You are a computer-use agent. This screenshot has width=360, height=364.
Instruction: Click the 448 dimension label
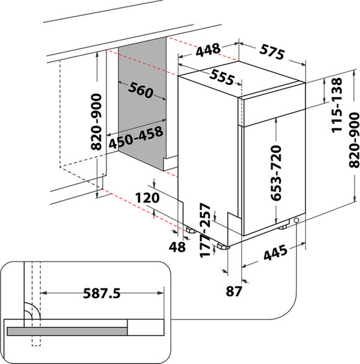[x=208, y=50]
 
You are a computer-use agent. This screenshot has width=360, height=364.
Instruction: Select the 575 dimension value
[x=272, y=52]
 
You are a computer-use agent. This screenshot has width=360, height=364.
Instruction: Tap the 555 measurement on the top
[x=222, y=77]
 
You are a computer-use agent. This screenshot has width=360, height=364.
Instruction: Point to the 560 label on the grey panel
[x=141, y=90]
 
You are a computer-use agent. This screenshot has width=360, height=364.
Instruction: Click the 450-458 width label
[x=136, y=137]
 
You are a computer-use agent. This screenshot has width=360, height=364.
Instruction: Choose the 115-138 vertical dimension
[x=337, y=105]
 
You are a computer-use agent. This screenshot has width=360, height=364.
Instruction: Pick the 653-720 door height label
[x=276, y=173]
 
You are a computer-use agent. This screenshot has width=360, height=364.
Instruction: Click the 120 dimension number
[x=147, y=198]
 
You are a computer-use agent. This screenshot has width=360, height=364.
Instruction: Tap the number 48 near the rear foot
[x=177, y=247]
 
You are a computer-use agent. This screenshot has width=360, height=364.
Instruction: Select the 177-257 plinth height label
[x=205, y=230]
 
